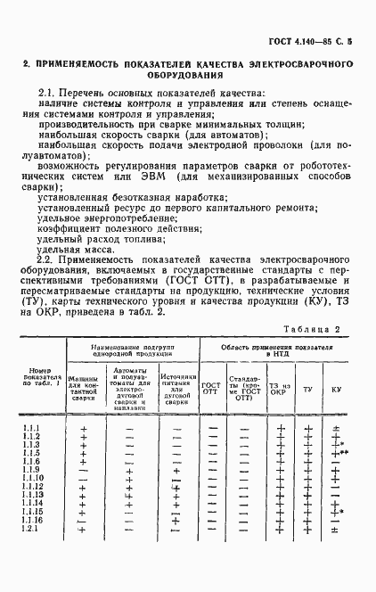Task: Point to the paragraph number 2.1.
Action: (49, 93)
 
